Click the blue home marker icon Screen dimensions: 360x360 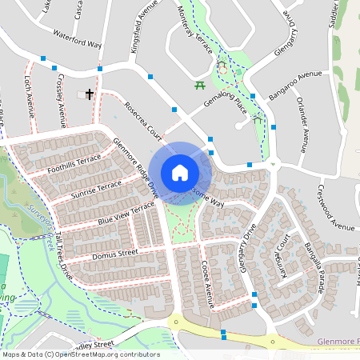pyautogui.click(x=180, y=173)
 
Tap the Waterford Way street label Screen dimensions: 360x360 pyautogui.click(x=77, y=39)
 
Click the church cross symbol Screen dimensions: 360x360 pyautogui.click(x=89, y=95)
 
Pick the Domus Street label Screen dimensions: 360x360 pyautogui.click(x=115, y=254)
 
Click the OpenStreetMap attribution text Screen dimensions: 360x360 pyautogui.click(x=80, y=354)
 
